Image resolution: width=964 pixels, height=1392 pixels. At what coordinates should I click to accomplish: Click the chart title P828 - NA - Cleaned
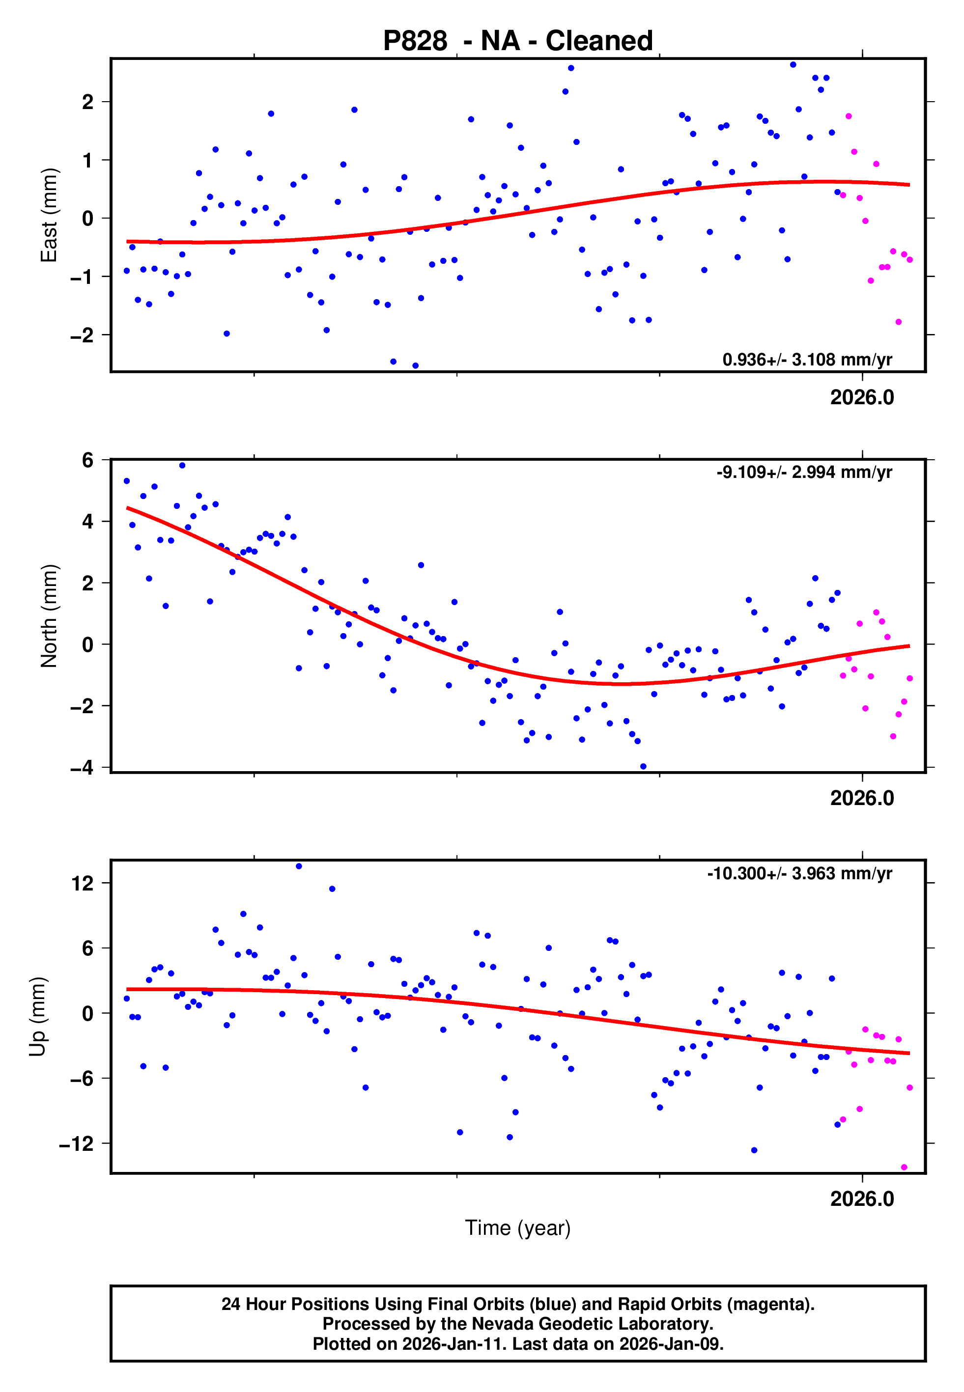click(518, 41)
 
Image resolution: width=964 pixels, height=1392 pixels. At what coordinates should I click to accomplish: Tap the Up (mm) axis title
click(37, 1017)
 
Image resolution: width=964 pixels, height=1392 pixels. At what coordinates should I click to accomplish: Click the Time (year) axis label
click(518, 1228)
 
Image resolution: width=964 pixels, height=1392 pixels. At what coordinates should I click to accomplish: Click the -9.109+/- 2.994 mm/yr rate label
click(804, 472)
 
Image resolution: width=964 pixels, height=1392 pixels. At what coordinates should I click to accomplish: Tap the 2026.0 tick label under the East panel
click(862, 397)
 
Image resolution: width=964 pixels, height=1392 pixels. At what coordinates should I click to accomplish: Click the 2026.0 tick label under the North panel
click(862, 798)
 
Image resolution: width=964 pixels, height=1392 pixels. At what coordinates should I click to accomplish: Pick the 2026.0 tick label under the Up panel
click(862, 1199)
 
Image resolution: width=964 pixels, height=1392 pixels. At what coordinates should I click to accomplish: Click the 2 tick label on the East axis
click(88, 102)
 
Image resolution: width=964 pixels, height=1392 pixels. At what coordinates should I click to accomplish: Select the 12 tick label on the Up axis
click(83, 884)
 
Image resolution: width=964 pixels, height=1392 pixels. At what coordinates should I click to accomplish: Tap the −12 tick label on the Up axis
click(77, 1144)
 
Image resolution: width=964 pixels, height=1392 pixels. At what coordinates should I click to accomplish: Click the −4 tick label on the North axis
click(82, 768)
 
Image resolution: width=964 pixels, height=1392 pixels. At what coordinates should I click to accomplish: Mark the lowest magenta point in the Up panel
click(904, 1168)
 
